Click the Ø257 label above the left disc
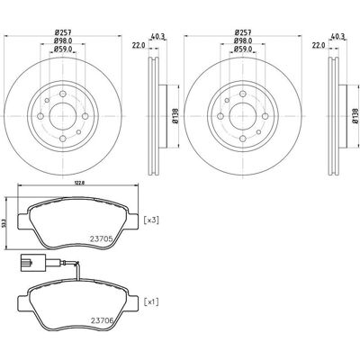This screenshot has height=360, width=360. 62,32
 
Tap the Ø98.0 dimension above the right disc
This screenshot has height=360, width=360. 243,40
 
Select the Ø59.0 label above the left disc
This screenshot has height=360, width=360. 62,49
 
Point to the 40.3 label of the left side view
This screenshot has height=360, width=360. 158,37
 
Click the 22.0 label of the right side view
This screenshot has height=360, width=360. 319,46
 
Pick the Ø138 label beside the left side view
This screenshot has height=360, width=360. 175,116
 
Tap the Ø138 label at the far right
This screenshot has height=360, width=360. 355,116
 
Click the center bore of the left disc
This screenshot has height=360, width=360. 62,116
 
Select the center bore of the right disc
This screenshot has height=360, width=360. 243,116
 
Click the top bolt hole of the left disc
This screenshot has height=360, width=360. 62,94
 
